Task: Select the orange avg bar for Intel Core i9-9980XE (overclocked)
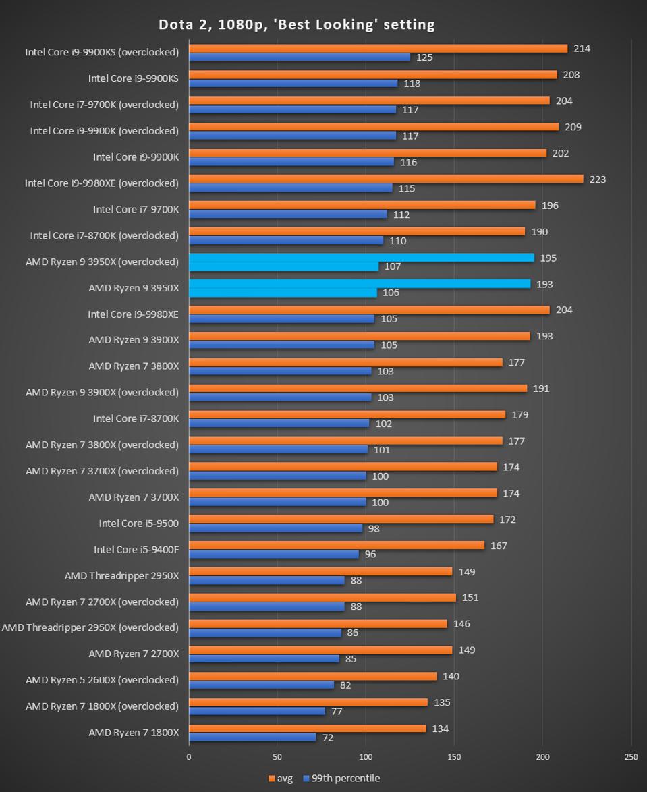click(386, 179)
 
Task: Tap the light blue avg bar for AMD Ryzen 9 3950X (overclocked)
click(362, 258)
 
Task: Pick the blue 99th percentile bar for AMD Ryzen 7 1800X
click(252, 737)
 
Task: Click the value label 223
click(598, 179)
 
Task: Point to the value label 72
click(328, 738)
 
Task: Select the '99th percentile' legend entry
click(341, 778)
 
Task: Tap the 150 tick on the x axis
click(455, 757)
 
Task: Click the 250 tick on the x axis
click(631, 757)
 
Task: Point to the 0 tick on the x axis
click(189, 757)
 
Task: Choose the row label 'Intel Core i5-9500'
click(139, 523)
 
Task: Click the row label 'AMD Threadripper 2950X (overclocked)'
click(90, 627)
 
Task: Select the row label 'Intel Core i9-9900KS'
click(134, 78)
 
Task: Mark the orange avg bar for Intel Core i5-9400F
click(337, 545)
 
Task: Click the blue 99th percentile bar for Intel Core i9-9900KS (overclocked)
click(300, 57)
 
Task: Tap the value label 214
click(582, 49)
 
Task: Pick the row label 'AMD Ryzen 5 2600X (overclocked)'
click(103, 680)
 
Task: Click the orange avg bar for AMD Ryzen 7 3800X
click(345, 362)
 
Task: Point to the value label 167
click(499, 546)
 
